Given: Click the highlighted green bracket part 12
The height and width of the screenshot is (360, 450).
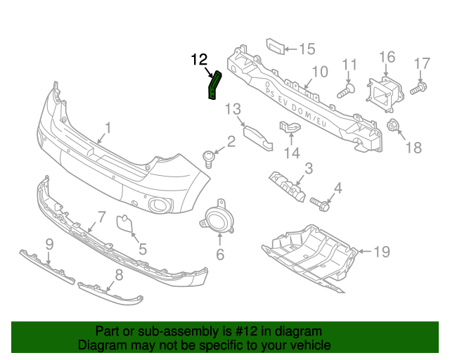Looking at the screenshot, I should click(213, 86).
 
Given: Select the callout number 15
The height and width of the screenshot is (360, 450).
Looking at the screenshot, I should click(307, 49).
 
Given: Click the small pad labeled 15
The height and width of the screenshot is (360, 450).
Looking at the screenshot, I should click(275, 47).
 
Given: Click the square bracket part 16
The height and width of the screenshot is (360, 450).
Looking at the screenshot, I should click(382, 91).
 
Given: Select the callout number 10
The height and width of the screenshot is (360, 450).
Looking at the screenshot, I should click(319, 71).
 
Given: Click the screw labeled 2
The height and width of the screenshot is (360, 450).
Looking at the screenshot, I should click(209, 158).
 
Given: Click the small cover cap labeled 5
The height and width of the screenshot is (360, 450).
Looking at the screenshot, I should click(124, 224).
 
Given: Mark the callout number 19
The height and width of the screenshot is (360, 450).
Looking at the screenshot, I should click(380, 251).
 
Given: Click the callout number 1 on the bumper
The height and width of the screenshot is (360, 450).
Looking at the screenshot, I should click(108, 128).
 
